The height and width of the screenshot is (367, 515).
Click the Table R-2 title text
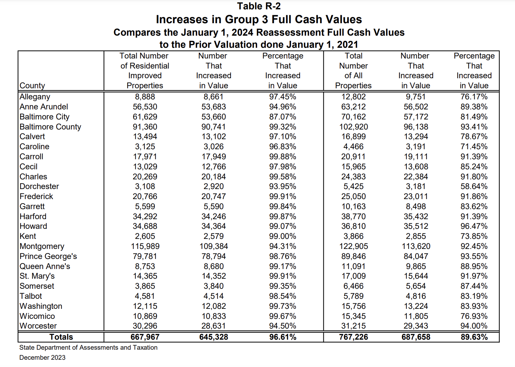tap(259, 6)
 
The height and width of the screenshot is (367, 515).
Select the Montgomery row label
tap(42, 246)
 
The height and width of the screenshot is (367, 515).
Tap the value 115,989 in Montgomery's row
tap(145, 246)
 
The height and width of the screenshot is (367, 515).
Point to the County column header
tap(32, 86)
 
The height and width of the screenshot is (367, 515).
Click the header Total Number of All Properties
tap(353, 71)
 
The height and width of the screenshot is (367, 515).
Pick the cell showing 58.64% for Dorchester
tap(474, 186)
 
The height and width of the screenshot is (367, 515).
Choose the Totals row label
tap(61, 337)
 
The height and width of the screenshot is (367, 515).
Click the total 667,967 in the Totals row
tap(145, 337)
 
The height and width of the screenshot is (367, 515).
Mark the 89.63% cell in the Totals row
tap(474, 337)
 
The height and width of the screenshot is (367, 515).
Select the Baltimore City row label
tap(44, 117)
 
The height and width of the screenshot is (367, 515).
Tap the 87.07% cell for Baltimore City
tap(282, 117)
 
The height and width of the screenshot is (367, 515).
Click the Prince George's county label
tap(48, 256)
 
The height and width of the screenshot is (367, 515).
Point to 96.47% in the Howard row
tap(474, 226)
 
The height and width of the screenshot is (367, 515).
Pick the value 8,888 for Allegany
tap(145, 97)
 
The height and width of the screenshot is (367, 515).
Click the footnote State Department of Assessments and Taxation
tap(88, 347)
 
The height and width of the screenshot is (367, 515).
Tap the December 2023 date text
tap(42, 357)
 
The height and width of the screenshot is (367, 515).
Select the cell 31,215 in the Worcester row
tap(353, 326)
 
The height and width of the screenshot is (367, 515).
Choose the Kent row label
tap(28, 236)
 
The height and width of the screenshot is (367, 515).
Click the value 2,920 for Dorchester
tap(213, 186)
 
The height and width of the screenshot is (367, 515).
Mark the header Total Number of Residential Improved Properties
tap(145, 71)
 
